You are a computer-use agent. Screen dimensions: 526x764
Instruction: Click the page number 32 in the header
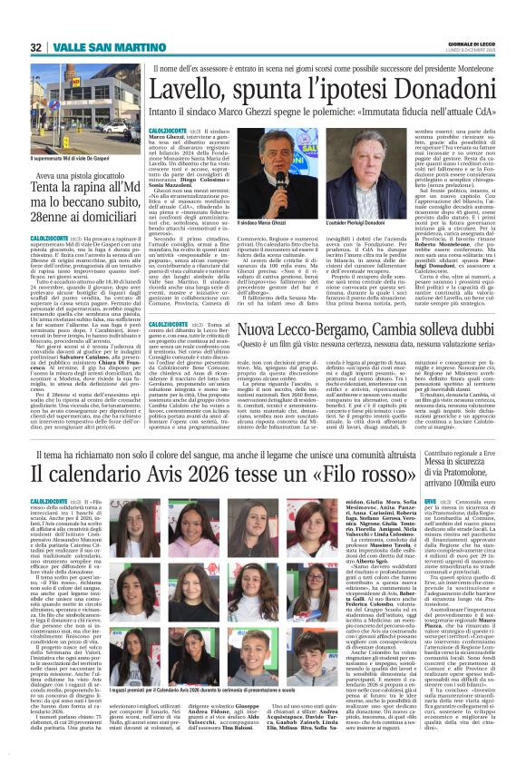(x=35, y=48)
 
